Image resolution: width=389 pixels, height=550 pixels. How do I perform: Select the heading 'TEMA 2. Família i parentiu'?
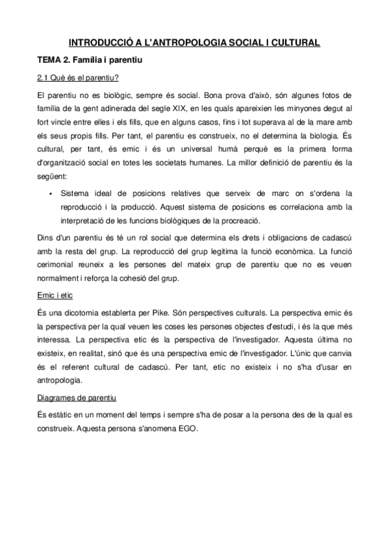[89, 61]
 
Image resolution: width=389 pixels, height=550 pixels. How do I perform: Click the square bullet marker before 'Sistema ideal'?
[49, 193]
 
